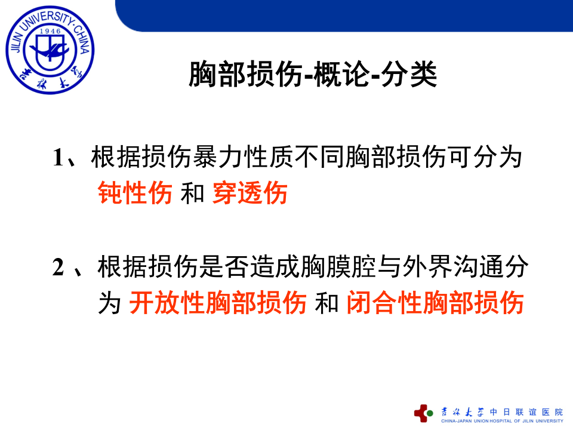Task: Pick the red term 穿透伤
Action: tap(249, 193)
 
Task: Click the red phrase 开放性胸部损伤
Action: tap(218, 302)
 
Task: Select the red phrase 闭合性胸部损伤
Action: tap(435, 302)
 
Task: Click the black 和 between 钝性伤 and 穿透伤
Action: tap(192, 193)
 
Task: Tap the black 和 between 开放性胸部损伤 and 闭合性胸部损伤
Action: tap(326, 302)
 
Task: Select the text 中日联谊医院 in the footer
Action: tap(526, 411)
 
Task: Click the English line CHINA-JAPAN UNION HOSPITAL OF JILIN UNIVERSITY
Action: tap(501, 421)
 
